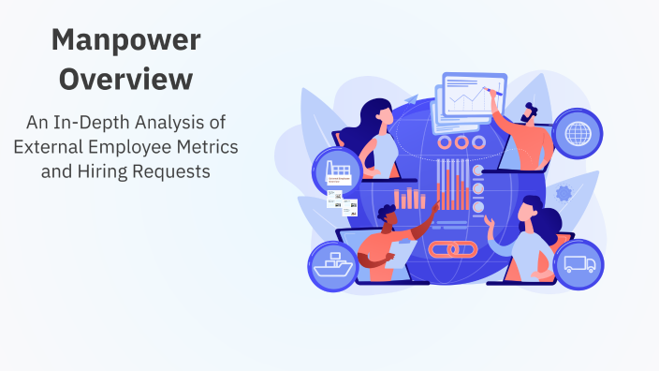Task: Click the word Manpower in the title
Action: coord(125,40)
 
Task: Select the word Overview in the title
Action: coord(125,80)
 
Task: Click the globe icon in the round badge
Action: coord(578,132)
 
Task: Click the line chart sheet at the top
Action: coord(472,96)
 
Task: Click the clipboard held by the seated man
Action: coord(398,254)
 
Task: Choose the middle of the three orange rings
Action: coord(459,142)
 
